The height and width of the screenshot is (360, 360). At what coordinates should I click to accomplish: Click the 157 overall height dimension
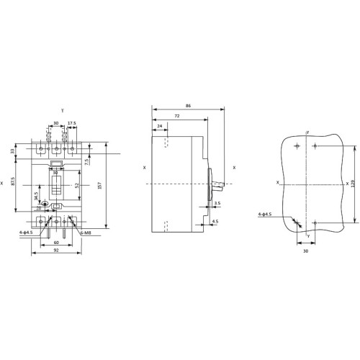100,185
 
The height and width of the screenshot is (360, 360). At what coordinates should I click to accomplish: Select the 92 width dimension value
56,250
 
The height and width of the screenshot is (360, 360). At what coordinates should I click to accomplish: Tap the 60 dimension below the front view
56,243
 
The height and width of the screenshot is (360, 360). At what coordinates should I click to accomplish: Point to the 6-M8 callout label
86,233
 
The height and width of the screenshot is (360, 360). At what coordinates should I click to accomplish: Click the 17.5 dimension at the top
72,123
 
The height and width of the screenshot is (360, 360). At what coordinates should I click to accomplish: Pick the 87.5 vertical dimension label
13,181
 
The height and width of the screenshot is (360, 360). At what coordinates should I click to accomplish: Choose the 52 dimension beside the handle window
77,185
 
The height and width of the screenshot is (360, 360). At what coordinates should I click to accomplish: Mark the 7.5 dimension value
87,161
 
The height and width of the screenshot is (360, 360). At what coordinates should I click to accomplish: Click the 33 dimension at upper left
13,151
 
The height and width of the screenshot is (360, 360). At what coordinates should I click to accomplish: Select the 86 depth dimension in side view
189,106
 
